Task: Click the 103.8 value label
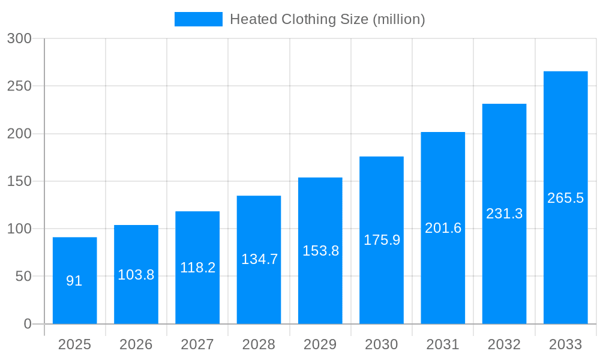[136, 275]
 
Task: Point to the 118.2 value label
[197, 268]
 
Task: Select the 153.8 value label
[320, 251]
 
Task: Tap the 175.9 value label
[382, 240]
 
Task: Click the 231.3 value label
[504, 214]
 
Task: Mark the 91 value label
[74, 281]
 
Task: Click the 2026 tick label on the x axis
[136, 344]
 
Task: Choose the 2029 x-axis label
[320, 344]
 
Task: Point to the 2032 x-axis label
[504, 344]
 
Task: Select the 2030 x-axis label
[382, 344]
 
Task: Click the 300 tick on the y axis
[19, 38]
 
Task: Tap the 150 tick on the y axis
[19, 181]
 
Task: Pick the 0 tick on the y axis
[28, 324]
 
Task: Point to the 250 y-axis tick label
[19, 86]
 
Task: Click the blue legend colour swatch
[198, 19]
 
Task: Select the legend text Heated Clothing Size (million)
[328, 19]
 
